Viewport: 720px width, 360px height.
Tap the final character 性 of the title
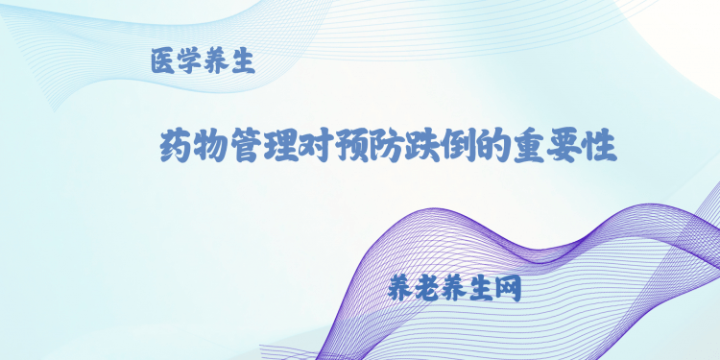pos(598,148)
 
